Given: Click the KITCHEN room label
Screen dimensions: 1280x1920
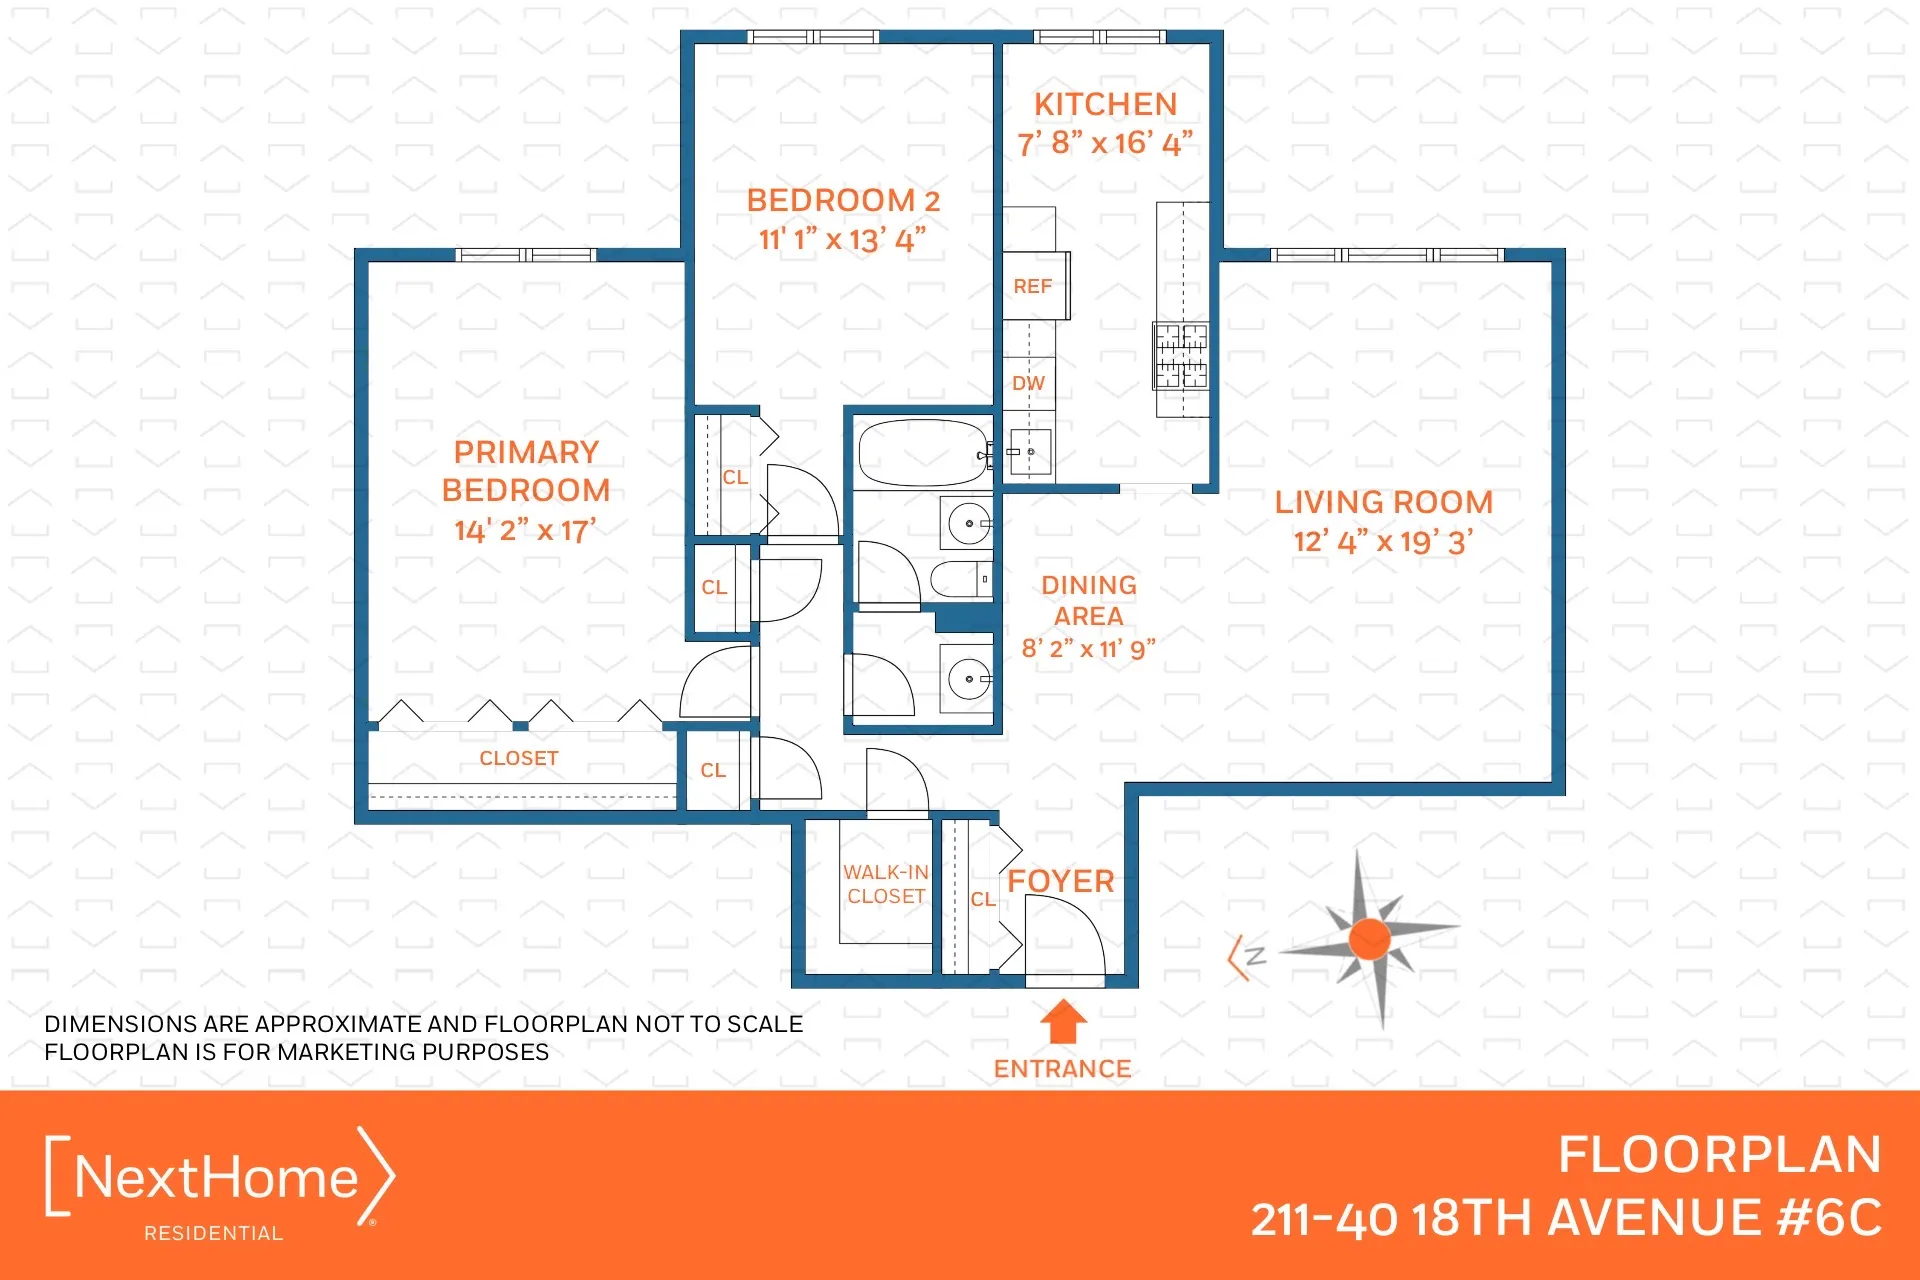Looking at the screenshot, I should [1105, 105].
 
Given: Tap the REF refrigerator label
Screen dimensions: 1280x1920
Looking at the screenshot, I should [1032, 287].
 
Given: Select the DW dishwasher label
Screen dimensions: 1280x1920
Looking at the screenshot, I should [1028, 384].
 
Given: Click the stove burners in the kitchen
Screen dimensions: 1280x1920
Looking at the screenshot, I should [1181, 355].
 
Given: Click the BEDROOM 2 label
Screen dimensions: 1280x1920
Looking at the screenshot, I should [843, 201].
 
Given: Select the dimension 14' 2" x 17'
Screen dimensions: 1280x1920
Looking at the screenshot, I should [525, 530].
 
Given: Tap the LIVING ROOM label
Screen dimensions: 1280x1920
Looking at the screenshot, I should [1383, 503].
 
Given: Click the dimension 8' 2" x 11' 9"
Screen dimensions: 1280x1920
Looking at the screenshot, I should [1088, 649].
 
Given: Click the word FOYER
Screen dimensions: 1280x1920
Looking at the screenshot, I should [1061, 882].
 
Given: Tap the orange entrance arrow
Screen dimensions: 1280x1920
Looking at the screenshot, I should [1062, 1023].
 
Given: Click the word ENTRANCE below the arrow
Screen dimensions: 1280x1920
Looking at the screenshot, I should [1062, 1069].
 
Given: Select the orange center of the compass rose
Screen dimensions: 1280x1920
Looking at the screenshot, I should [1369, 939].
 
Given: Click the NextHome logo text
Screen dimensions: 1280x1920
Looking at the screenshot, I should [216, 1178].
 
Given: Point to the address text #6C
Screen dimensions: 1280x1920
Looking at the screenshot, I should [1829, 1218].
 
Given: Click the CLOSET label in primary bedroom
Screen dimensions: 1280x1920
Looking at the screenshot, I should [518, 759].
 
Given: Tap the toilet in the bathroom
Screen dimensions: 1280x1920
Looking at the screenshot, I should [960, 579].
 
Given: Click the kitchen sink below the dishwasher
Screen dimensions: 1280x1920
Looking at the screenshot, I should [1029, 453].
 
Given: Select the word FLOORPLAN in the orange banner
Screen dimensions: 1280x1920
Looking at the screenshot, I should [1719, 1155].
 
